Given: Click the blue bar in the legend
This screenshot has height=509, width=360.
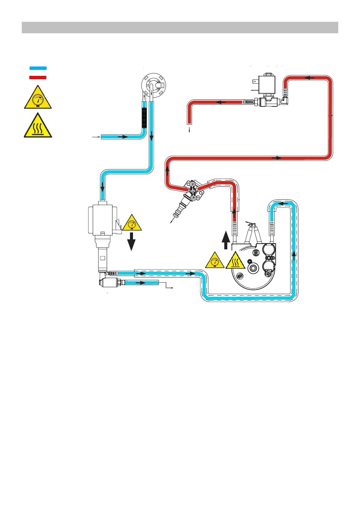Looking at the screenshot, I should click(x=38, y=68).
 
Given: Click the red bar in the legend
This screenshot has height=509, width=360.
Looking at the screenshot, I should click(x=38, y=77).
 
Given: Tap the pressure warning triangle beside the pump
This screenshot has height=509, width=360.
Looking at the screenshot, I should click(x=132, y=223).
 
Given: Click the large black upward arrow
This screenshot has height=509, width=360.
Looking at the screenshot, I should click(x=225, y=240).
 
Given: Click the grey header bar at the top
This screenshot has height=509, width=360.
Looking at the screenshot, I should click(x=180, y=28).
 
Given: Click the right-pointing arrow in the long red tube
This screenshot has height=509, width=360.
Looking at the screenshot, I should click(x=277, y=158).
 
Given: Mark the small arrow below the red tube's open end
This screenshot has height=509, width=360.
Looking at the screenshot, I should click(x=189, y=130).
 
